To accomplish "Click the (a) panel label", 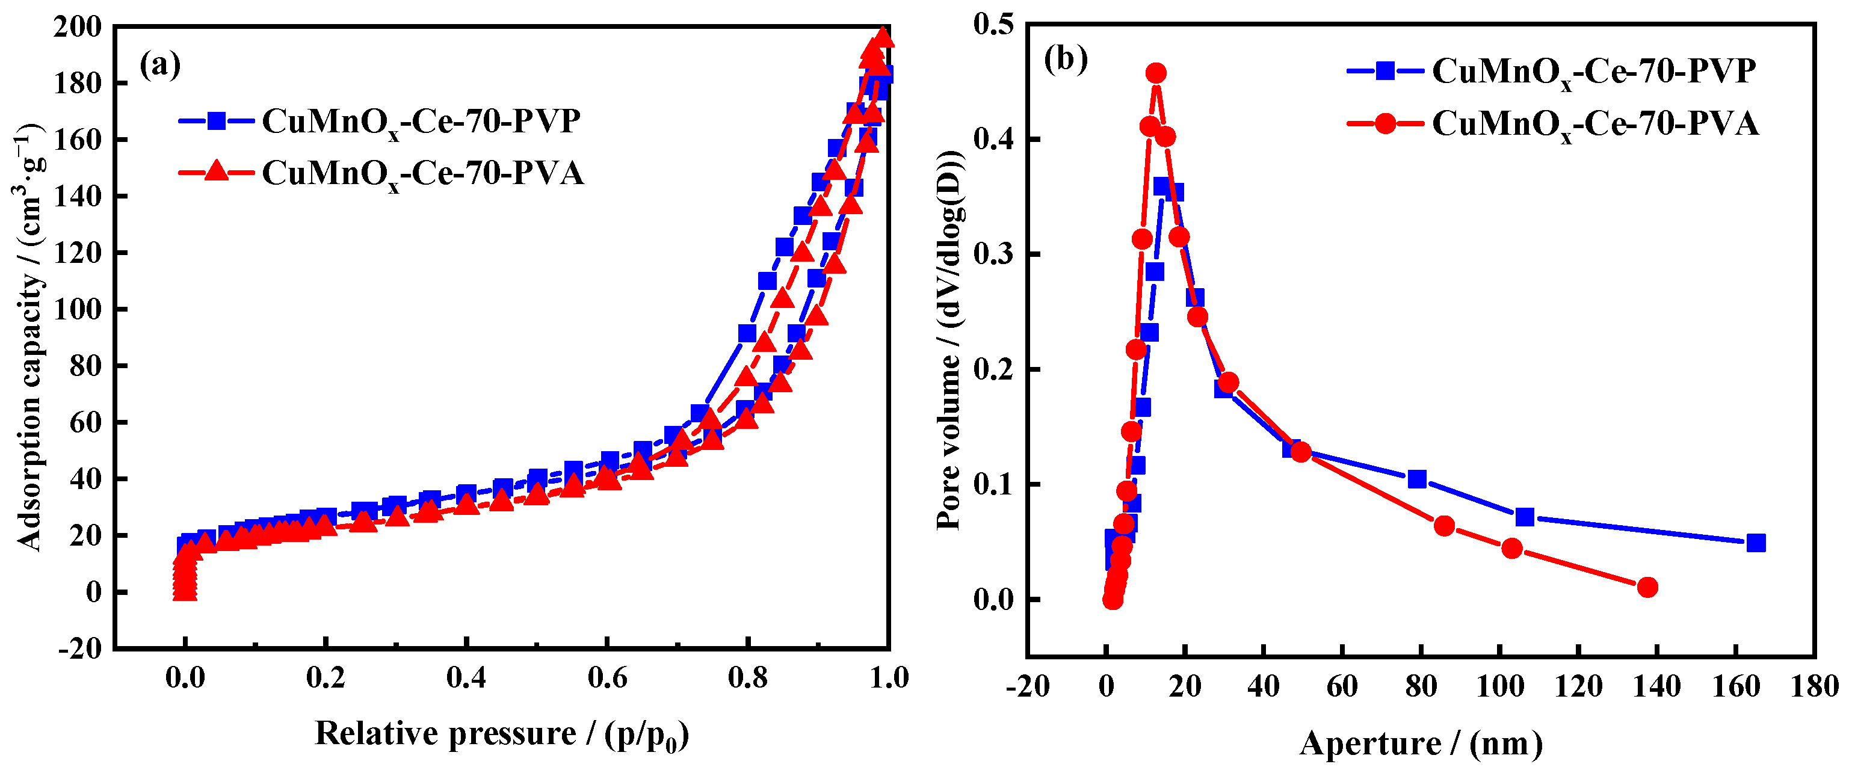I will [x=159, y=66].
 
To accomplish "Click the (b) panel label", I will [x=1065, y=59].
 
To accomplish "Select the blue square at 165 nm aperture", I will [x=1756, y=543].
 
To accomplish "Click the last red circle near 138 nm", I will [x=1648, y=587].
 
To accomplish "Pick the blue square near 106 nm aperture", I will [x=1525, y=517].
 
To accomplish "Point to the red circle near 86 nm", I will [x=1444, y=526].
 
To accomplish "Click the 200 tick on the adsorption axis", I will [x=78, y=26].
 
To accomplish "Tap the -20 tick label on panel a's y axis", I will [x=81, y=648].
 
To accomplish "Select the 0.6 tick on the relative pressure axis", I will [x=607, y=677].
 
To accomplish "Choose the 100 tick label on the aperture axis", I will [x=1499, y=687].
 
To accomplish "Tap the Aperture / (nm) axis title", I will [x=1421, y=744].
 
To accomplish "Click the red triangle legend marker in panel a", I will [x=216, y=172].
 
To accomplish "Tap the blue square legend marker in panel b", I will [x=1385, y=70].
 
